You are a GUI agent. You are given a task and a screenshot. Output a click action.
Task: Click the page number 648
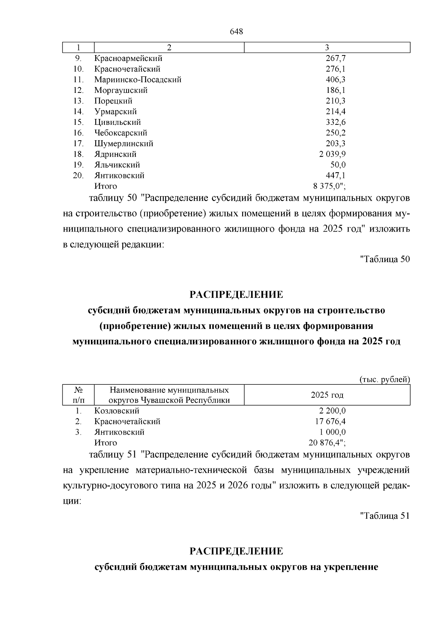pyautogui.click(x=236, y=32)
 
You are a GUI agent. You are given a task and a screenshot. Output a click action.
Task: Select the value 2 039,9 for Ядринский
pyautogui.click(x=332, y=154)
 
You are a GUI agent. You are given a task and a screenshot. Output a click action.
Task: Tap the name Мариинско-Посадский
pyautogui.click(x=137, y=80)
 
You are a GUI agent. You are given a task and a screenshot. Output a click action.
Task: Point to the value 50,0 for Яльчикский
pyautogui.click(x=338, y=165)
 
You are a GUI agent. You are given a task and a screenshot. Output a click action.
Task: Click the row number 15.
pyautogui.click(x=78, y=122)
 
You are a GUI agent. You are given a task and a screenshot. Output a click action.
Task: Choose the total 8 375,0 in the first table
pyautogui.click(x=327, y=186)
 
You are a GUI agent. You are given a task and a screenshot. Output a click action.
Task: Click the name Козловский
pyautogui.click(x=117, y=411)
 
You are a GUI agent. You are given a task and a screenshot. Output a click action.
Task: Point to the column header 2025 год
pyautogui.click(x=327, y=395)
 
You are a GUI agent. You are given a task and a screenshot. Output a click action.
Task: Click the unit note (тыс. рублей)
pyautogui.click(x=384, y=380)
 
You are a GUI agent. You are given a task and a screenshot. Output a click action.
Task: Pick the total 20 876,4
pyautogui.click(x=327, y=443)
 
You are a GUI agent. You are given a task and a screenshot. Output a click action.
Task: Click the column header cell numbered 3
pyautogui.click(x=327, y=47)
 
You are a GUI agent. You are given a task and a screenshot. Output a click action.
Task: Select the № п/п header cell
pyautogui.click(x=78, y=395)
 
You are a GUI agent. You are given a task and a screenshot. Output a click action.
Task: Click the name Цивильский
pyautogui.click(x=117, y=122)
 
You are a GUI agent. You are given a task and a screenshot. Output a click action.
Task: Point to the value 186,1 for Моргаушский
pyautogui.click(x=335, y=90)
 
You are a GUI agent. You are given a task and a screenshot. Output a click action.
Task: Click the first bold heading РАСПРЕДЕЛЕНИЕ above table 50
pyautogui.click(x=236, y=295)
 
